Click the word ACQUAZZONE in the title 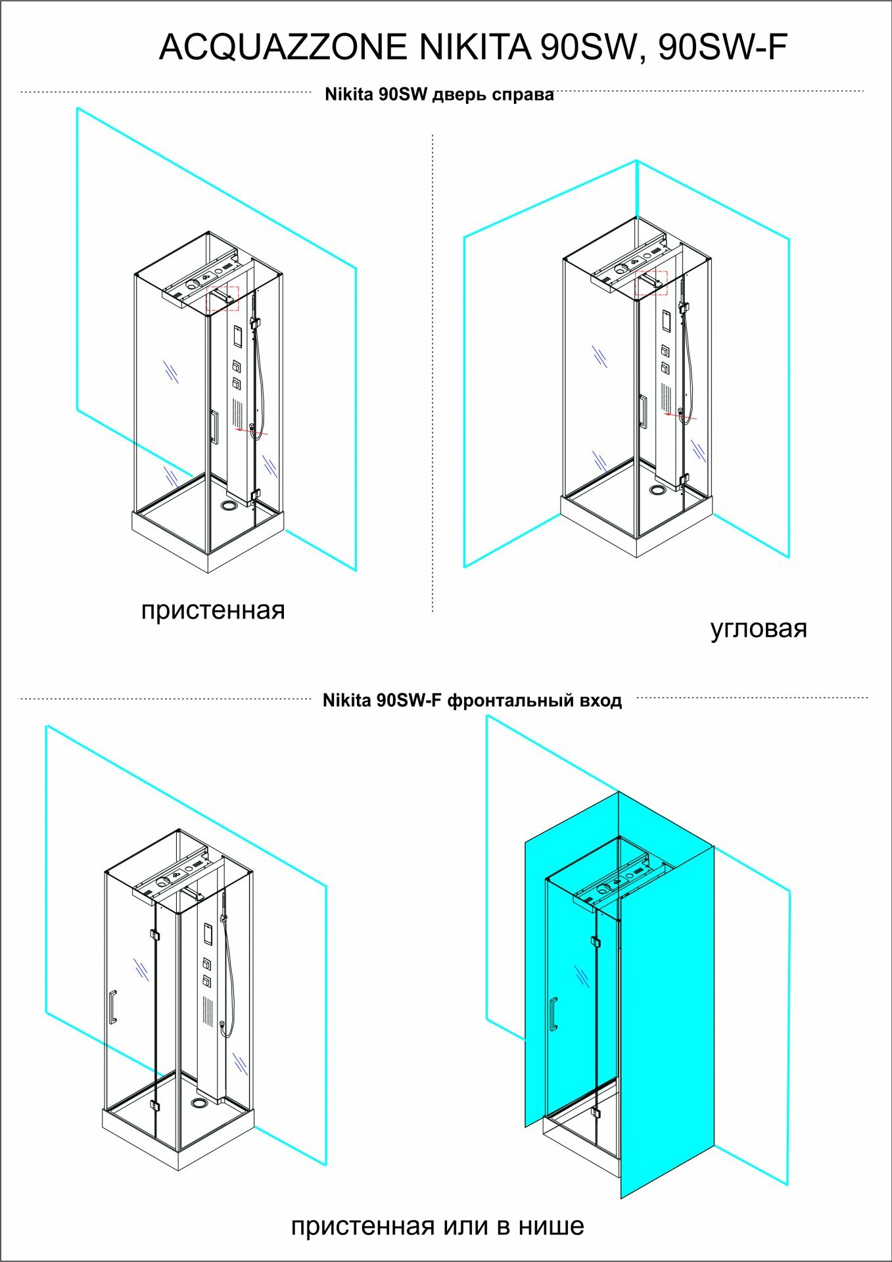(x=283, y=47)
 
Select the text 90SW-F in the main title (x=722, y=47)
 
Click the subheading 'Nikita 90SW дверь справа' (x=439, y=95)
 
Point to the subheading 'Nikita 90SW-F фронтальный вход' (x=472, y=701)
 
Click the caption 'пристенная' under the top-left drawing (x=213, y=611)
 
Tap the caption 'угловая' (x=758, y=629)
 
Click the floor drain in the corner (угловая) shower (x=657, y=490)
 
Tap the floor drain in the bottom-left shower (x=199, y=1102)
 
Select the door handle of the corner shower (x=643, y=411)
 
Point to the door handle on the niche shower (x=553, y=1013)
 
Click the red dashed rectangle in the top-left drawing (x=223, y=298)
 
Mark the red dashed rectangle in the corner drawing (x=651, y=283)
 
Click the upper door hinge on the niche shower (x=596, y=941)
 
